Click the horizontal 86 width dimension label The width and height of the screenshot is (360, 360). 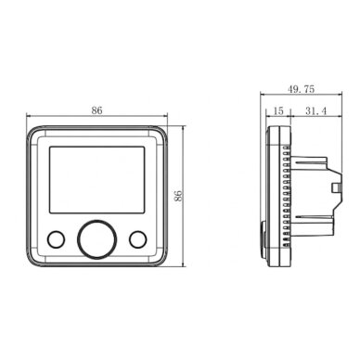[96, 110]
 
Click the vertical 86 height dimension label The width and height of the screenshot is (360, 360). [179, 196]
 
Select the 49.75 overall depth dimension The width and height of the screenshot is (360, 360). [301, 89]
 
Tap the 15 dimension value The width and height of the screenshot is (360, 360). [278, 110]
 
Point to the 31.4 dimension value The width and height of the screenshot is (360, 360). [316, 110]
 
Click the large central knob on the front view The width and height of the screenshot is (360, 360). [96, 239]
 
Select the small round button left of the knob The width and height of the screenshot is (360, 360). [56, 239]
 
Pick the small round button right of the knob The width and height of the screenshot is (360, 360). [138, 239]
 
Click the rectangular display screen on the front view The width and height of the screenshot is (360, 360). [96, 180]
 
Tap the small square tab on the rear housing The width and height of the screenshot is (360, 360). [335, 187]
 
